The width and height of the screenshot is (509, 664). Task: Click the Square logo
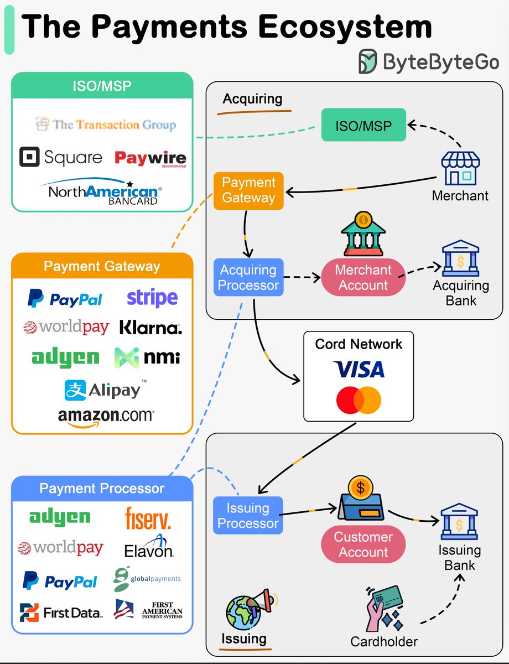tap(61, 157)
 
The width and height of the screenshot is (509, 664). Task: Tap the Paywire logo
tap(150, 159)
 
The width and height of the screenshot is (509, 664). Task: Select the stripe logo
tap(152, 298)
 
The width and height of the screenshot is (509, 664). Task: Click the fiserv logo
tap(148, 518)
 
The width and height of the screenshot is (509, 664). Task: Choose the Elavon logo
tap(149, 547)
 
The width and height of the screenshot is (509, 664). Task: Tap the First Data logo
tap(61, 613)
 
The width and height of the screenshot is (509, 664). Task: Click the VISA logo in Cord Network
tap(359, 369)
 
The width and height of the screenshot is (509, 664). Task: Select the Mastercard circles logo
tap(359, 400)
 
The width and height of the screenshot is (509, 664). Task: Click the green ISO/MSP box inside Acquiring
tap(363, 124)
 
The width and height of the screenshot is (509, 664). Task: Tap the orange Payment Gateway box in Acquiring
tap(248, 191)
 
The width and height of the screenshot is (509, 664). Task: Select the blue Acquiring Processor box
tap(248, 277)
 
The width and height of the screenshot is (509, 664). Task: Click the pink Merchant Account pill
tap(363, 277)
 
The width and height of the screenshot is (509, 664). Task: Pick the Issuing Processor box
tap(248, 516)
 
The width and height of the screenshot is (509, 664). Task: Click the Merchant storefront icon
tap(460, 168)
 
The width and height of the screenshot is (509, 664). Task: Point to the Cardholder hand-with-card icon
tap(385, 608)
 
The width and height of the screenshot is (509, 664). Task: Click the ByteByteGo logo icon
tap(368, 61)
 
